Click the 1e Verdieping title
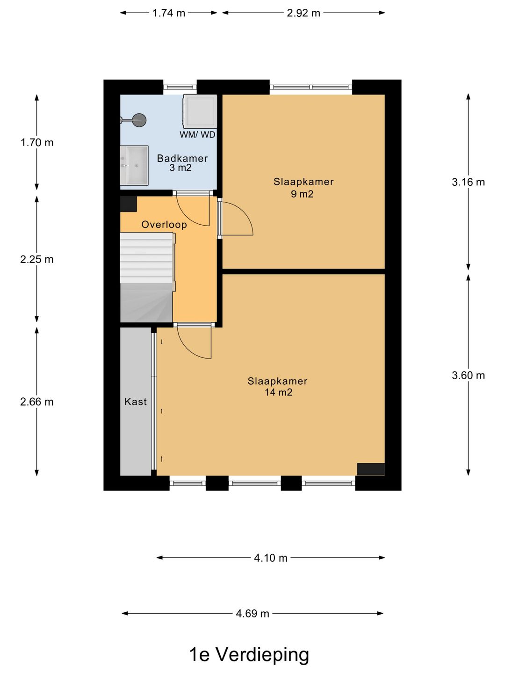point(249,654)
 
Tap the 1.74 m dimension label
point(169,13)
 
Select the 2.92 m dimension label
point(303,13)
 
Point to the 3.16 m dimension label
point(468,182)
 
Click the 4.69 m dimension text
point(252,614)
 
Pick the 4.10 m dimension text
point(270,558)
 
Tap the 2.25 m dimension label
point(37,259)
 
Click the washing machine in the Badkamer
point(200,111)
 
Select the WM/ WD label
point(197,135)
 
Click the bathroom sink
point(134,165)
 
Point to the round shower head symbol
point(139,120)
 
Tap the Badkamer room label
point(182,158)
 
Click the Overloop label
point(164,225)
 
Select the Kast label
point(136,402)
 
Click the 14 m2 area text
point(278,393)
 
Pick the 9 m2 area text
point(302,194)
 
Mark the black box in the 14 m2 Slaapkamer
point(371,469)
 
